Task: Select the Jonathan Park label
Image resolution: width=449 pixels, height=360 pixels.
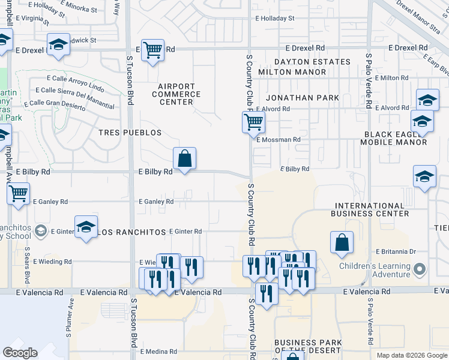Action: point(303,98)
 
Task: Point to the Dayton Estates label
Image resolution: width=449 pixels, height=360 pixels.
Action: point(312,62)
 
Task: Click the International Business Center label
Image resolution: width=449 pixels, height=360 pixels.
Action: point(372,209)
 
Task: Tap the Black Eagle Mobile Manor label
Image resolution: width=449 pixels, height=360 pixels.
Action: point(393,139)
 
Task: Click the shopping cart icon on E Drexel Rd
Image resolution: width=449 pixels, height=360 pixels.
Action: point(152,50)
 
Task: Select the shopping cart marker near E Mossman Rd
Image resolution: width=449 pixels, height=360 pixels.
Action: point(253,122)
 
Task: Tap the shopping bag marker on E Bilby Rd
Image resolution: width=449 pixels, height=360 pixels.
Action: point(185,159)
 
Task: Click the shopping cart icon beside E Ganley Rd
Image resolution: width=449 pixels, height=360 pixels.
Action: point(19,194)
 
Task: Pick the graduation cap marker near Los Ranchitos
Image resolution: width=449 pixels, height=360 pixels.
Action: point(86,227)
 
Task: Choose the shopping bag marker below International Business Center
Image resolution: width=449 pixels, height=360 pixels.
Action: point(342,242)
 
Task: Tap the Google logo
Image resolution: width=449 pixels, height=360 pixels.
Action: point(20,352)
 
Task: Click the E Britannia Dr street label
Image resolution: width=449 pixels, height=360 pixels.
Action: point(395,252)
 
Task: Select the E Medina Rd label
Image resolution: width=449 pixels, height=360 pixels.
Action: point(158,351)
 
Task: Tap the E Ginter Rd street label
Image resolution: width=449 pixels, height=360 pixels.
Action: point(185,231)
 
